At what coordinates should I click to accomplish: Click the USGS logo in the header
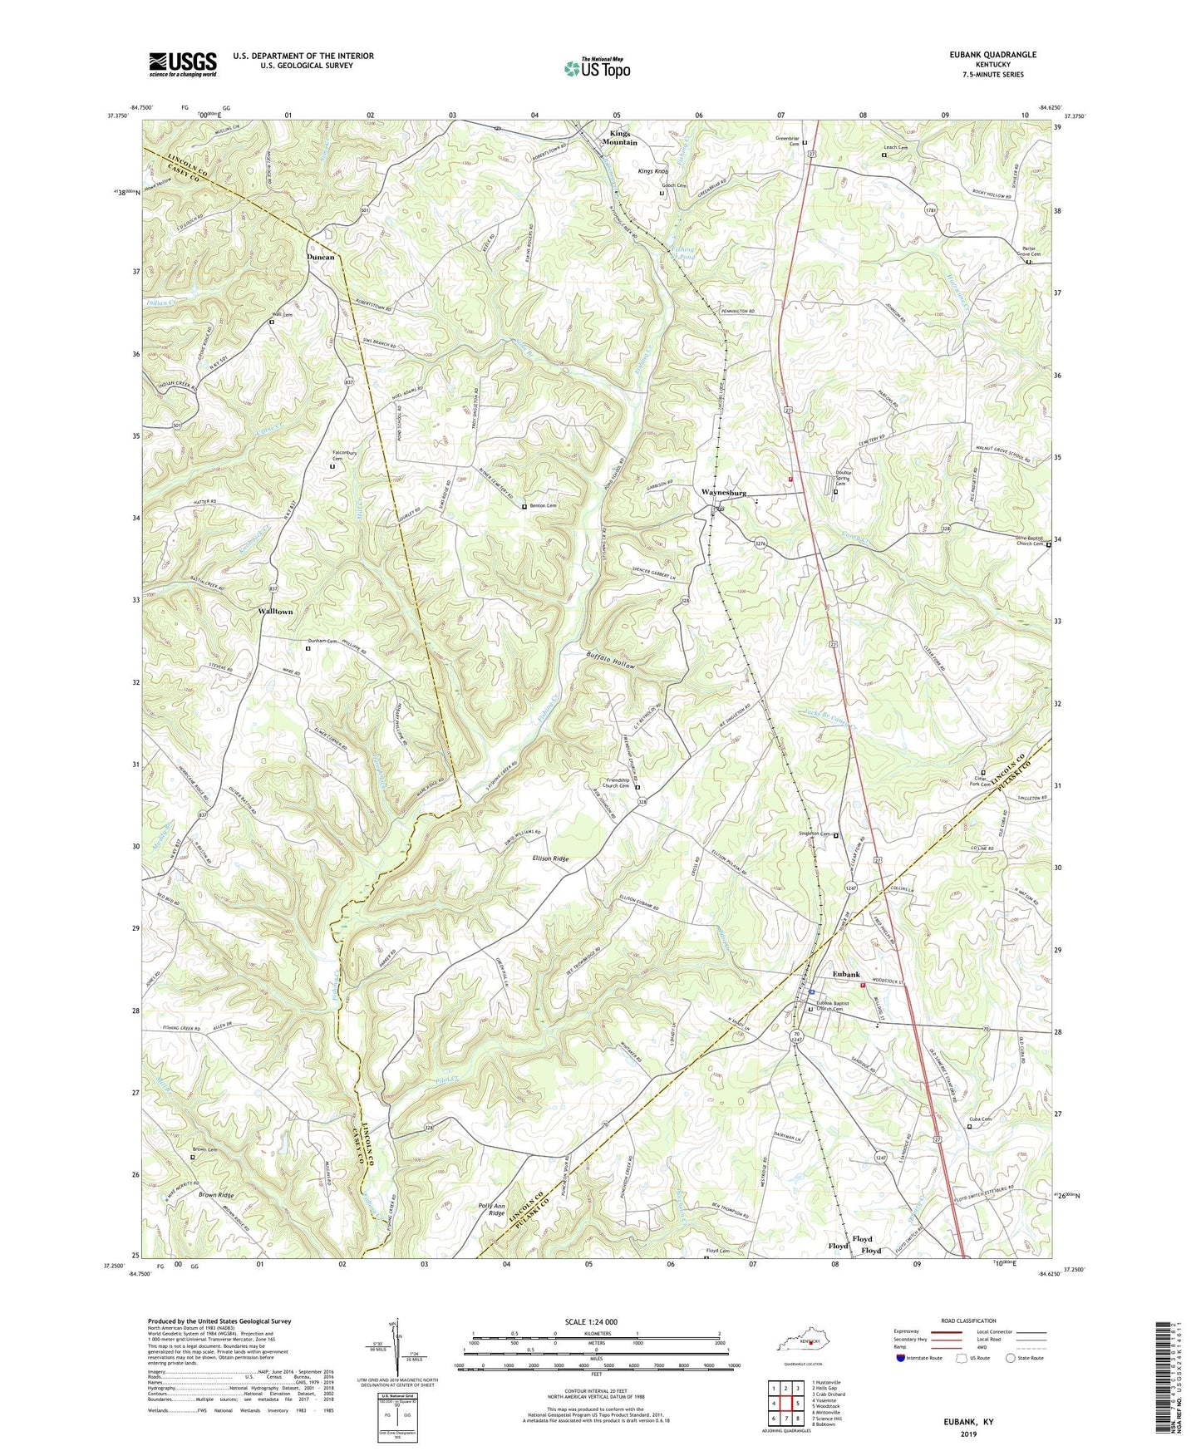[183, 64]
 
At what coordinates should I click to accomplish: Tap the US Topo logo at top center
[596, 68]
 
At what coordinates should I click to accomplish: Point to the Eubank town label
[847, 974]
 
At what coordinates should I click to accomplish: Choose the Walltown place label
[276, 611]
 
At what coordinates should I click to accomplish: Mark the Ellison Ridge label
[544, 858]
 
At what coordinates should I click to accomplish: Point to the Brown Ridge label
[216, 1195]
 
